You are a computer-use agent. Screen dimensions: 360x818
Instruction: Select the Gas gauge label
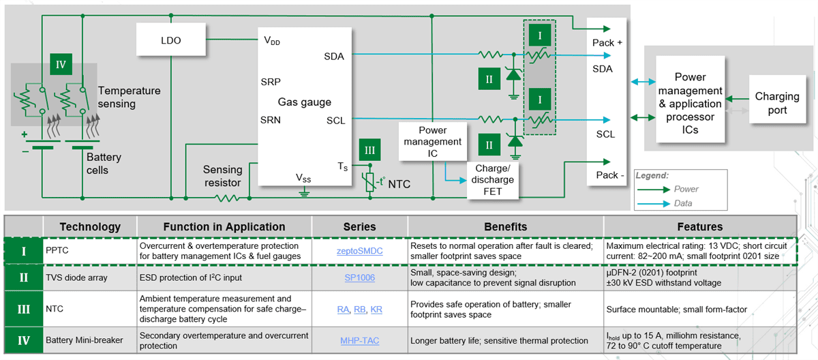pyautogui.click(x=304, y=102)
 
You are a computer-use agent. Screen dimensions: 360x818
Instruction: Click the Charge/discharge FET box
pyautogui.click(x=491, y=179)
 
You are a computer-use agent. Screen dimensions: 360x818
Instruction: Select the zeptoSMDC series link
pyautogui.click(x=359, y=251)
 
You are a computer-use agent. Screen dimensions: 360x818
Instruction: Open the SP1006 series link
pyautogui.click(x=359, y=277)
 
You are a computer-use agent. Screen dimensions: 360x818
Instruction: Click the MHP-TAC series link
pyautogui.click(x=359, y=340)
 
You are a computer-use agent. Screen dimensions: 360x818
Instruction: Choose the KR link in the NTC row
pyautogui.click(x=376, y=309)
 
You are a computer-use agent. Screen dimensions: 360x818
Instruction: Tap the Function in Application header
pyautogui.click(x=224, y=226)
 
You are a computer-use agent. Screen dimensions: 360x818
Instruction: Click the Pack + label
pyautogui.click(x=607, y=43)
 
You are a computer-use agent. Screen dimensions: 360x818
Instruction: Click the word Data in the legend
pyautogui.click(x=683, y=203)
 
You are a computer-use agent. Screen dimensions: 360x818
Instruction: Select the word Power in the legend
pyautogui.click(x=686, y=189)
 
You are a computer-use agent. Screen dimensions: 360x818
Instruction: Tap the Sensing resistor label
pyautogui.click(x=222, y=176)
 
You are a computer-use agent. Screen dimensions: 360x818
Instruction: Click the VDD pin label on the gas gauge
pyautogui.click(x=272, y=40)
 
